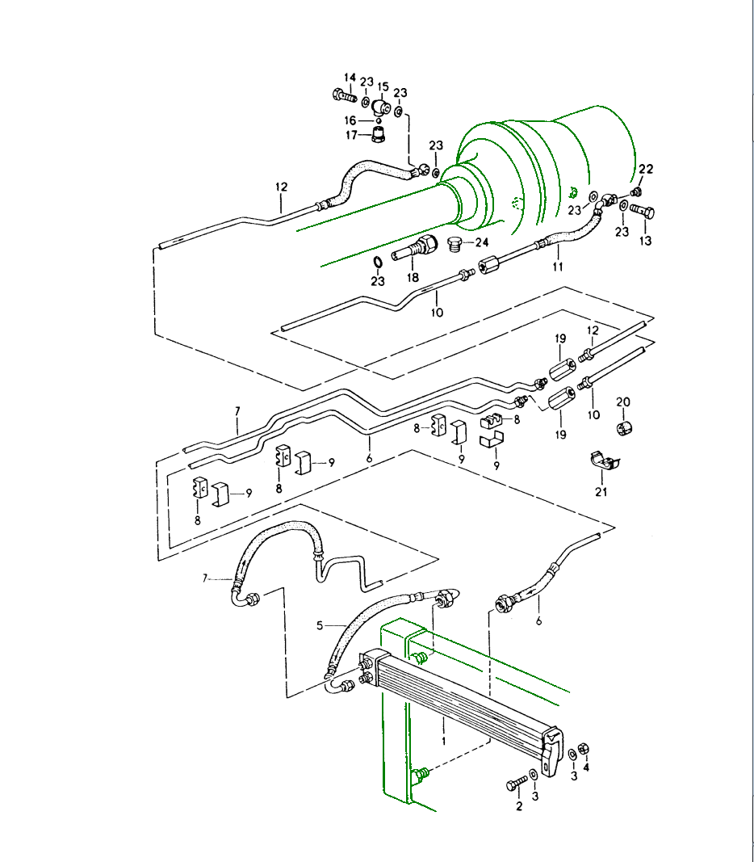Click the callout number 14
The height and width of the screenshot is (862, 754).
pos(350,78)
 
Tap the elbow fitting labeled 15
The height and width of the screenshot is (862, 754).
pos(380,107)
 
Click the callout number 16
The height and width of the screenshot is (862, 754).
pos(350,120)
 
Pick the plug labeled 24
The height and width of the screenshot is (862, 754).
pos(455,244)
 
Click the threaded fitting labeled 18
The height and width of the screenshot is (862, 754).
pos(413,250)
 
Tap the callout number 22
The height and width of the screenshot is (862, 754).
pos(646,169)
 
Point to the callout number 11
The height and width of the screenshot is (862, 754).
pos(557,267)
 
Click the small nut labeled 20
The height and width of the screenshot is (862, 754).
pos(623,427)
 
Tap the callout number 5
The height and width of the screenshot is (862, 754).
pos(320,625)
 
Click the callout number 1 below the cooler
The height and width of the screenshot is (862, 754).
pos(443,738)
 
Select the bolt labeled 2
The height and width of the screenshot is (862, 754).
pos(516,784)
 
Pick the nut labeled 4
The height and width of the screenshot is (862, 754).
pos(584,747)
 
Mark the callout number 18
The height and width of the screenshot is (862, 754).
pos(413,276)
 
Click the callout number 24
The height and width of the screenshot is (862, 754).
pos(482,242)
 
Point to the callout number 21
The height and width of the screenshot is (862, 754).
pos(601,492)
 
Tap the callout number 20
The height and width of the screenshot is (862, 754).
pos(623,402)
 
